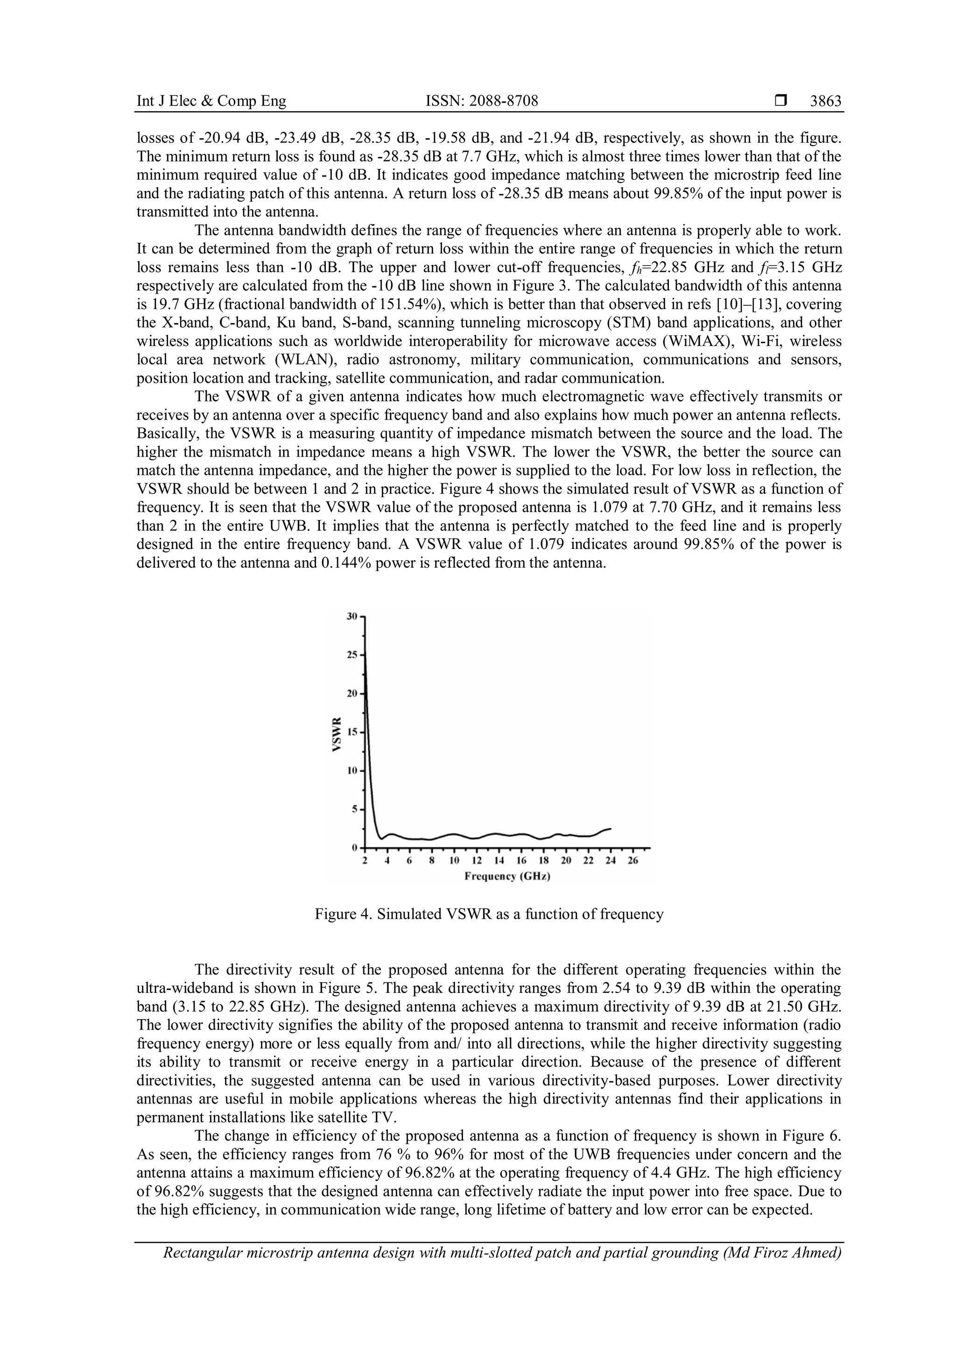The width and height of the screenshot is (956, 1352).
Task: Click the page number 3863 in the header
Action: pyautogui.click(x=825, y=101)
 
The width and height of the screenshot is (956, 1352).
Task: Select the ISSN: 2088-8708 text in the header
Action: pyautogui.click(x=482, y=101)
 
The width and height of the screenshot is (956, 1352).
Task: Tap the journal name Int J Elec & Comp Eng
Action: pyautogui.click(x=211, y=101)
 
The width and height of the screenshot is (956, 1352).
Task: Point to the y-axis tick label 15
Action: pyautogui.click(x=352, y=732)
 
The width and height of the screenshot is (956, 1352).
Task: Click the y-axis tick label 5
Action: pyautogui.click(x=354, y=809)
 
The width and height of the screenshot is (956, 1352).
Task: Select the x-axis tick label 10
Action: pyautogui.click(x=454, y=860)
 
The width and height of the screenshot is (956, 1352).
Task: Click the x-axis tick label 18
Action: pyautogui.click(x=543, y=860)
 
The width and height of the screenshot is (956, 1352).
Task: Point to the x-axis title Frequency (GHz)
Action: pyautogui.click(x=507, y=876)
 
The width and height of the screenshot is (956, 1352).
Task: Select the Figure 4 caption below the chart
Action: pyautogui.click(x=489, y=914)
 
